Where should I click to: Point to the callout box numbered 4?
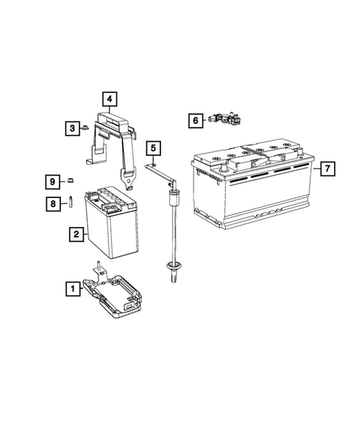tap(108, 98)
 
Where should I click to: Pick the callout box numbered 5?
tap(152, 149)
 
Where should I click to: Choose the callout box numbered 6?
tap(194, 120)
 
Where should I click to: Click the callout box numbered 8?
tap(53, 202)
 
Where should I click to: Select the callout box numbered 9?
tap(53, 181)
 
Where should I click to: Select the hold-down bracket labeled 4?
tap(115, 137)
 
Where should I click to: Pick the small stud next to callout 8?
tap(71, 201)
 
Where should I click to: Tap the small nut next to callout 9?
tap(71, 180)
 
